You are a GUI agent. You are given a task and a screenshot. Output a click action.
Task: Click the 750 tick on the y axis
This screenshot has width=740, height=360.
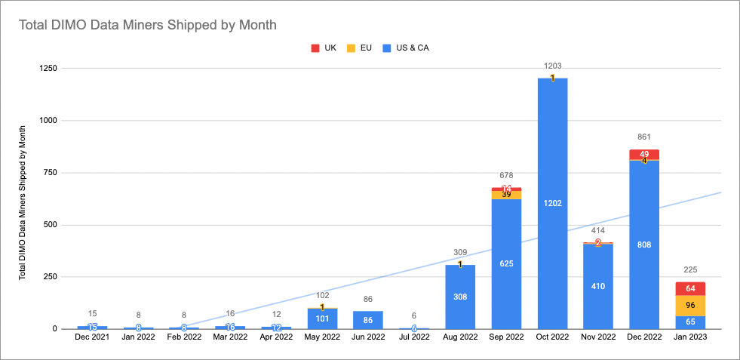point(53,173)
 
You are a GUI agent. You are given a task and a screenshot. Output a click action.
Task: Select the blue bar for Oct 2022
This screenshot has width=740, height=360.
point(553,204)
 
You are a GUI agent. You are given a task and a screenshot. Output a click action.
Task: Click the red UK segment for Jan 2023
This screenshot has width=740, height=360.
point(691,288)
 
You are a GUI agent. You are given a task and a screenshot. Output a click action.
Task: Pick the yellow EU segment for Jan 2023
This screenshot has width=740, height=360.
point(691,305)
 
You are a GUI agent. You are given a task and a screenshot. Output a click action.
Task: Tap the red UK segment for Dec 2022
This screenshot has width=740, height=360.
point(644,154)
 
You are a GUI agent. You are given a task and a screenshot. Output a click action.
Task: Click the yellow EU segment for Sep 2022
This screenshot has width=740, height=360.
point(507,195)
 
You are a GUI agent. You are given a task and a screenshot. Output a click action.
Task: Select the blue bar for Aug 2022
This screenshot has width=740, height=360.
point(460,297)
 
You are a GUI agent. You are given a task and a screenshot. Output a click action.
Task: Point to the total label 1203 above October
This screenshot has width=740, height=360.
point(553,66)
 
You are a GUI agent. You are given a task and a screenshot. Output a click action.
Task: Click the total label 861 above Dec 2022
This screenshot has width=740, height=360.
point(644,138)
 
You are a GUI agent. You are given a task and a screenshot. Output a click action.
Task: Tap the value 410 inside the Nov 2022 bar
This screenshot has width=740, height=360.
point(599,286)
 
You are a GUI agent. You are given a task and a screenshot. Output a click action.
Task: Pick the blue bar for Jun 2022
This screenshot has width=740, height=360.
point(368,320)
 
